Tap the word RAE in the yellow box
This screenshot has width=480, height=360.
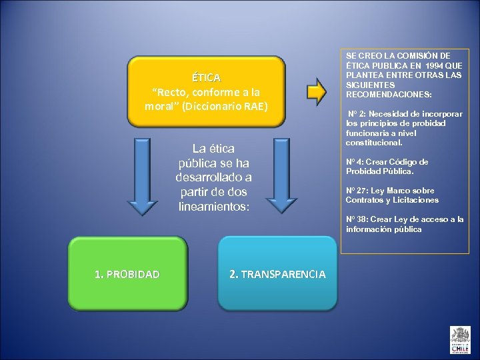253,105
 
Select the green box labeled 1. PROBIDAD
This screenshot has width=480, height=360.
127,274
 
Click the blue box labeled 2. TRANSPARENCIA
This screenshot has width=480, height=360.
277,274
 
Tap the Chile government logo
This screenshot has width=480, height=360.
460,339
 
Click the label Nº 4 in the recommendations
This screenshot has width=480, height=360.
353,162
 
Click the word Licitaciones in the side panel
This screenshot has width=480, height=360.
417,200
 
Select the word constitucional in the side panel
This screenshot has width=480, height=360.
374,143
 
